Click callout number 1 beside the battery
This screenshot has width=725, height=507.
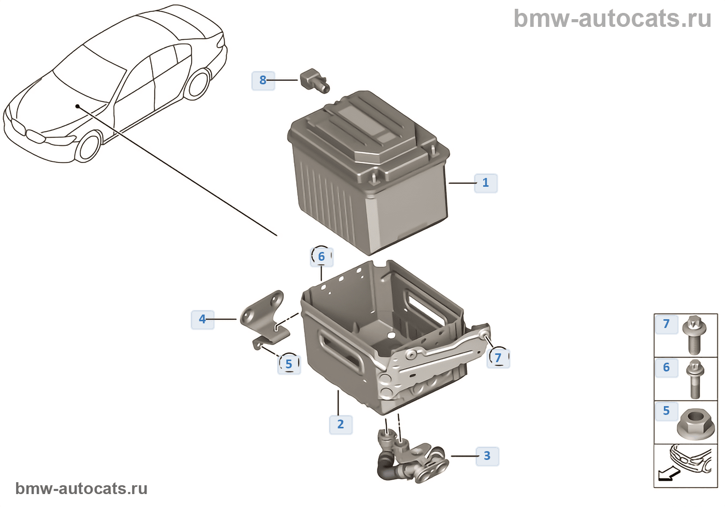click(x=486, y=183)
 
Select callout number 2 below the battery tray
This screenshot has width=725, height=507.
click(x=341, y=424)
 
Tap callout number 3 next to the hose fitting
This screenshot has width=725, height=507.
click(x=487, y=456)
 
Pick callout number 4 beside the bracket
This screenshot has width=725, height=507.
click(x=202, y=320)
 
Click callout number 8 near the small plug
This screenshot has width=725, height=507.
click(x=263, y=80)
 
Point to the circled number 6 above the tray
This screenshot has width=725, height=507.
click(x=322, y=257)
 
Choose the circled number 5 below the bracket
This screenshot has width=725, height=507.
click(x=289, y=364)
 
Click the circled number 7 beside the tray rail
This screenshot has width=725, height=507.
click(x=498, y=358)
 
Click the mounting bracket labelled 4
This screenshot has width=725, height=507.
click(x=265, y=320)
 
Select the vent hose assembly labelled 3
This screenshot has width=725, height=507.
click(x=411, y=456)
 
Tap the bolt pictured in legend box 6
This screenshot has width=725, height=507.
click(x=695, y=379)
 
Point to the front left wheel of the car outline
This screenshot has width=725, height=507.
click(x=88, y=147)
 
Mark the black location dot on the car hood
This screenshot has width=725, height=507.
click(x=77, y=106)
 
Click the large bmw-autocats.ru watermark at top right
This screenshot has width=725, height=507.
click(x=613, y=18)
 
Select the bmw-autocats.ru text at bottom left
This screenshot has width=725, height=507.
click(x=81, y=488)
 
